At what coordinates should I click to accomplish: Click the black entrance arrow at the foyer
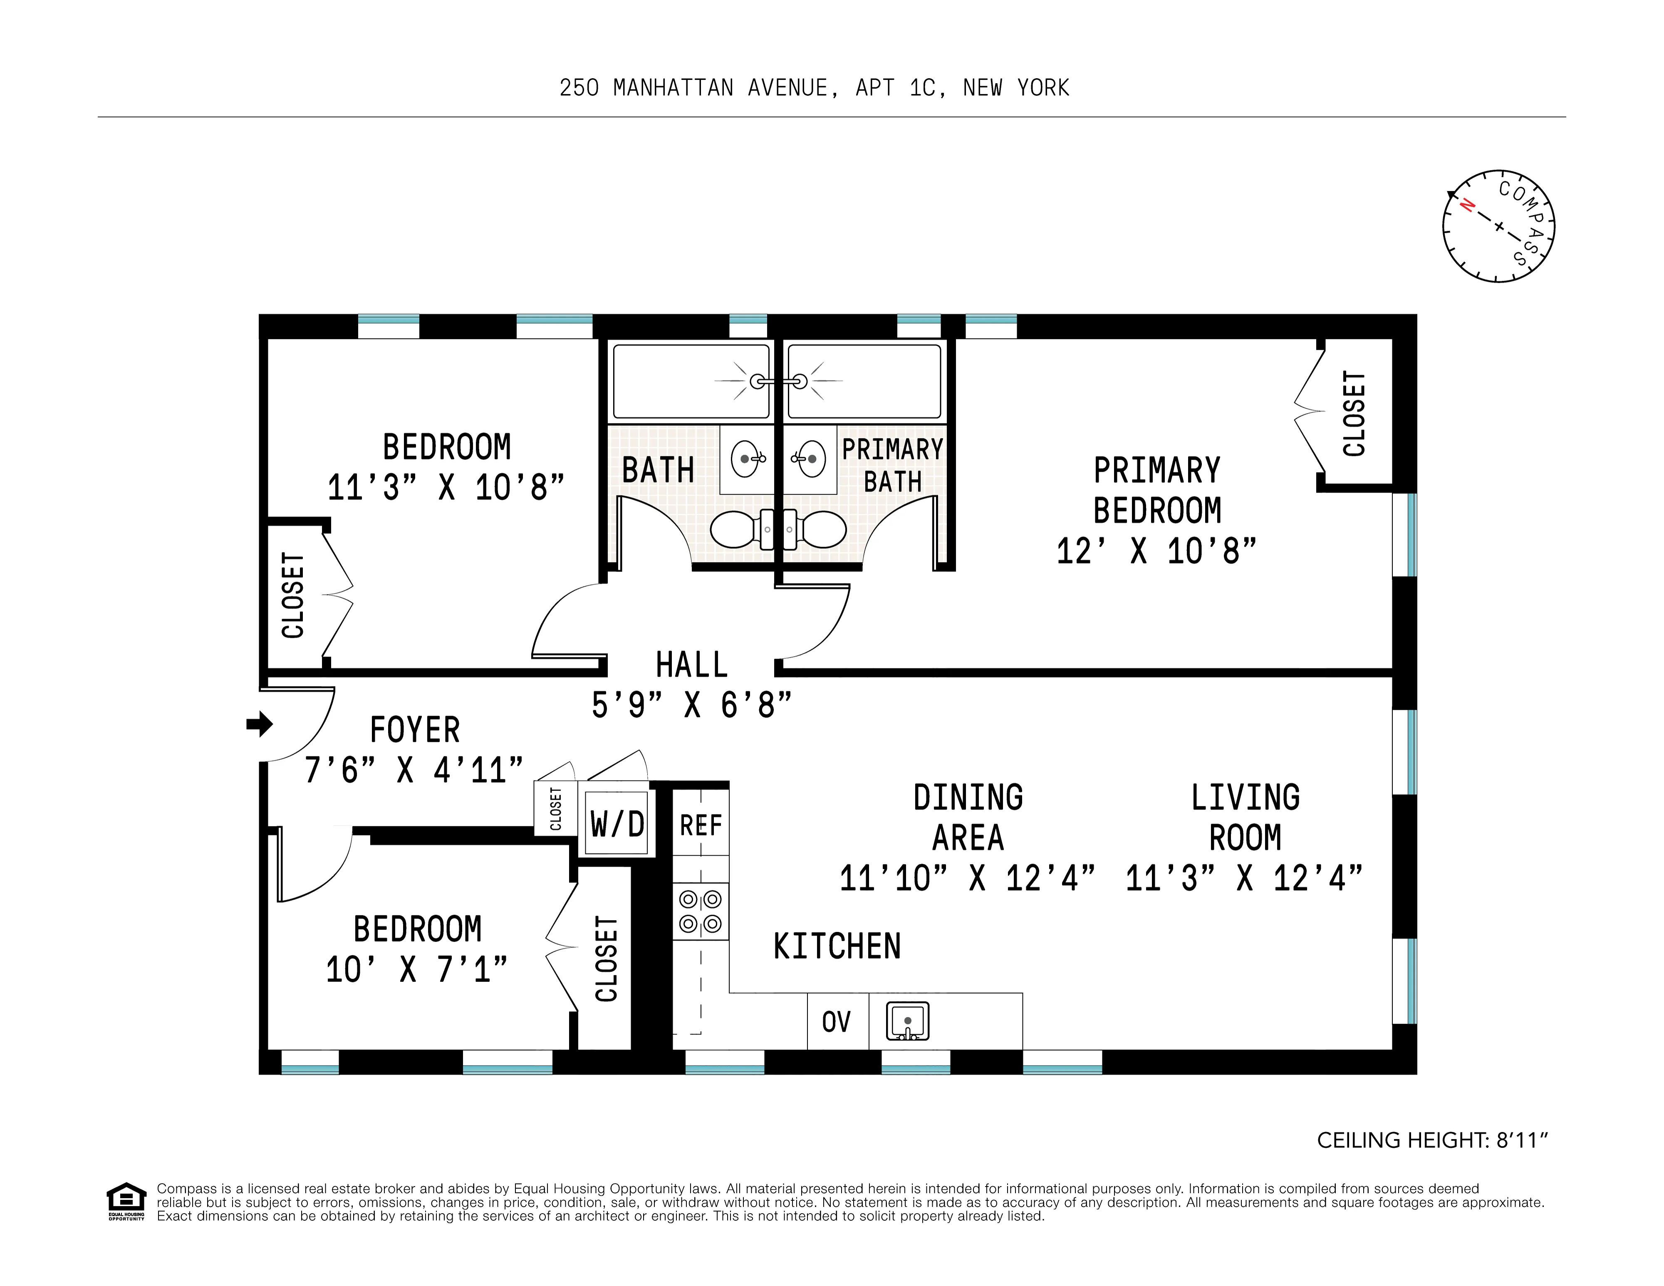pos(260,724)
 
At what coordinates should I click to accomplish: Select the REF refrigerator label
pos(700,825)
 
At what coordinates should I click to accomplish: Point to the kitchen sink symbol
pos(907,1021)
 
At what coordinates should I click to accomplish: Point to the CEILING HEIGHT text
pos(1432,1140)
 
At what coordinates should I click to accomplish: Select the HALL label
pos(692,664)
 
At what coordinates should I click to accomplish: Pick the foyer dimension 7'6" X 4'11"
pos(414,770)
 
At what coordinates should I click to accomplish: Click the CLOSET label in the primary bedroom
pos(1354,414)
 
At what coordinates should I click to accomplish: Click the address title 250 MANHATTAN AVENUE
pos(814,88)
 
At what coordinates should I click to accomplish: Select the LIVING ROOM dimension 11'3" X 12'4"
pos(1244,877)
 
